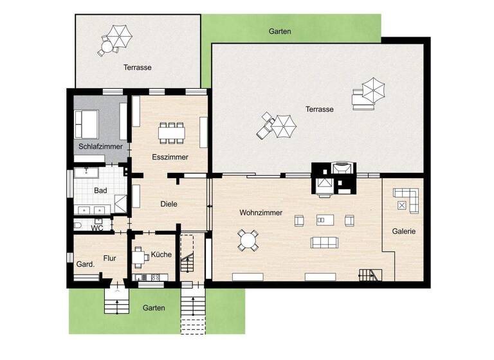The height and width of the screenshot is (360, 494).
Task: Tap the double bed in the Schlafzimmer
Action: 87,123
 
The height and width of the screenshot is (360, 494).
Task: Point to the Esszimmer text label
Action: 170,157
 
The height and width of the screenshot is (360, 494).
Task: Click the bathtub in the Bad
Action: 86,173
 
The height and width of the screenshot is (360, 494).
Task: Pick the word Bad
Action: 100,191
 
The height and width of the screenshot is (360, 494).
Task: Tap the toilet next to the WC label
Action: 78,225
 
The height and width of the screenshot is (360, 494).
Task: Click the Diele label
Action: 169,204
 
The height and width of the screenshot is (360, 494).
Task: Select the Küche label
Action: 161,255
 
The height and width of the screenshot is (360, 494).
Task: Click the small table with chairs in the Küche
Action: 140,256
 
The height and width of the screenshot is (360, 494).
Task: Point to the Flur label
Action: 109,258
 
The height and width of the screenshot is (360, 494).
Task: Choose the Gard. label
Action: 86,264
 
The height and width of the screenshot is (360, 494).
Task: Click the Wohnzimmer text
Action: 261,213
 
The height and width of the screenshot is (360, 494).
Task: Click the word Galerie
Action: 404,231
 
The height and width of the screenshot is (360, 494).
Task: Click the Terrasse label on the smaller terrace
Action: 138,67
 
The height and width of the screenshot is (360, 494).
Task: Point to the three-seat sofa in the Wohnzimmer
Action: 325,242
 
